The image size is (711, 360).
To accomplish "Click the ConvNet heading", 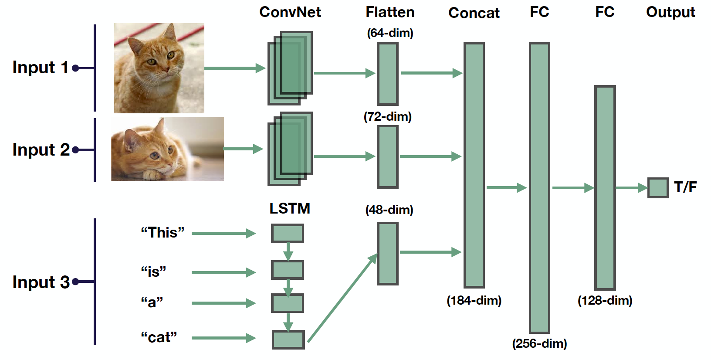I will pos(290,12).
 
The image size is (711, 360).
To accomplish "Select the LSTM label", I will pos(290,209).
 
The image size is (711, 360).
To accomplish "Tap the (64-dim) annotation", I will pos(390,33).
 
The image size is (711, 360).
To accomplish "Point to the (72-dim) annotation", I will pos(387,117).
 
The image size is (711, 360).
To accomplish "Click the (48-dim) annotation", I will pos(389,210).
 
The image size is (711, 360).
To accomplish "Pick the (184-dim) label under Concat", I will pos(474,300).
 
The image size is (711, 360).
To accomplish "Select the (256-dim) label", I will pos(539,343).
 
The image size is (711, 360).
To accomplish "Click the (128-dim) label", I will pos(605,300).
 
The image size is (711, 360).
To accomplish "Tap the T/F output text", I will pos(685,187).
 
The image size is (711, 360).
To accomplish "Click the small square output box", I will pos(657,188).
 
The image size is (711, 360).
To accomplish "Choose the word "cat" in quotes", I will pos(159,337).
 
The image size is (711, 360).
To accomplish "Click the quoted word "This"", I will pos(162,233).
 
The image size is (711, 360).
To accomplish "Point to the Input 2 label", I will pos(41,150).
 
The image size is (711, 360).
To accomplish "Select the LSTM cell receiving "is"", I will pos(288,270).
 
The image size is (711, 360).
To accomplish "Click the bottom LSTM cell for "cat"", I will pos(288,340).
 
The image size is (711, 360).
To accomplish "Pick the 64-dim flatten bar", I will pos(387,74).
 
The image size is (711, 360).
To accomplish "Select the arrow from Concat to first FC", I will pos(506,188).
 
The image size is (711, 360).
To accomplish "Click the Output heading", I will pos(670,12).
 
